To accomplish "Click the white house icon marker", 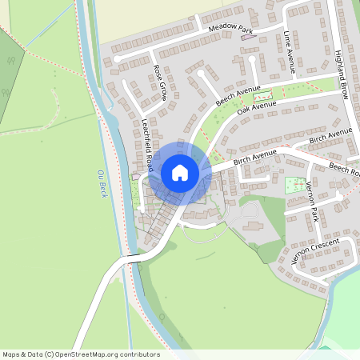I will click(x=180, y=172).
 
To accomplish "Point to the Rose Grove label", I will click(x=159, y=82).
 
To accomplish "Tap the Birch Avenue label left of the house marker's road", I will click(x=254, y=157).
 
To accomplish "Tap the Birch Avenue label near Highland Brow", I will click(x=330, y=137).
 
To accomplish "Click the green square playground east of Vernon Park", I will click(x=295, y=185).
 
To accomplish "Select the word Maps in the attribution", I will click(x=11, y=354).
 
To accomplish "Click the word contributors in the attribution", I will click(x=140, y=354).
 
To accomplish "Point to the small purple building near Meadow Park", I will click(x=266, y=42).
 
